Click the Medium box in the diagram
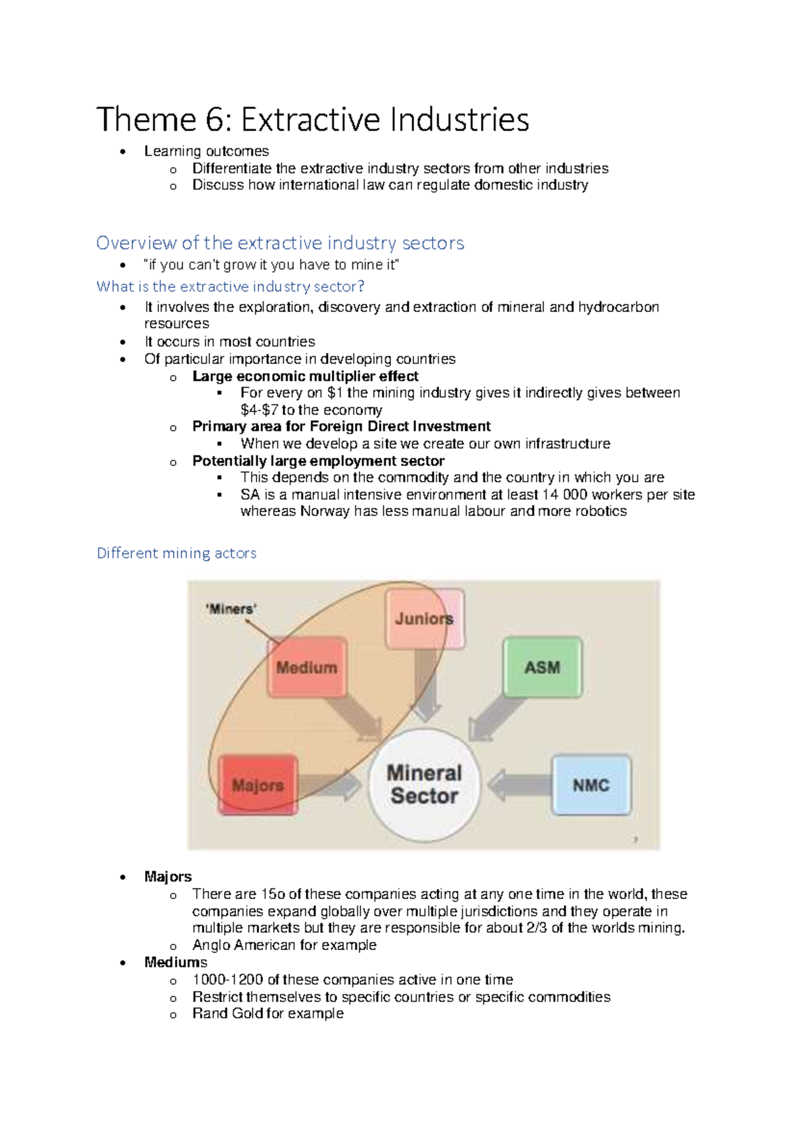[x=307, y=667]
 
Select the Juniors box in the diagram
[x=425, y=619]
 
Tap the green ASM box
[x=542, y=667]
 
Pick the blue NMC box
[x=591, y=785]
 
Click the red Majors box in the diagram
[x=258, y=785]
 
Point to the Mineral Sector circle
[x=424, y=784]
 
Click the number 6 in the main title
[x=215, y=120]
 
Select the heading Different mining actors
[x=176, y=553]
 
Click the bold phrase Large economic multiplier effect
[x=305, y=376]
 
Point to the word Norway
[x=325, y=511]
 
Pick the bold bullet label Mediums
[x=176, y=962]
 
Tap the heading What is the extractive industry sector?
[x=231, y=287]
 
